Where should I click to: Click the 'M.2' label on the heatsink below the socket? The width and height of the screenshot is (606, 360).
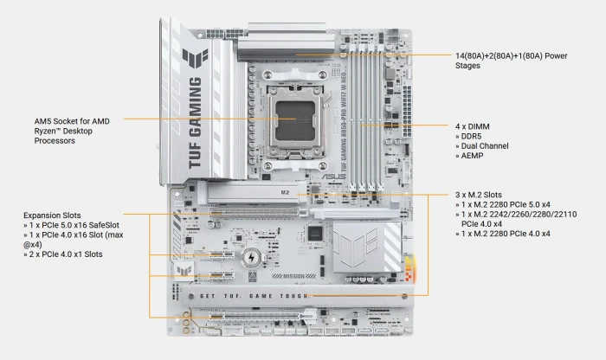pyautogui.click(x=285, y=189)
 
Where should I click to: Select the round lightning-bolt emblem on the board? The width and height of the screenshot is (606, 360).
pyautogui.click(x=252, y=257)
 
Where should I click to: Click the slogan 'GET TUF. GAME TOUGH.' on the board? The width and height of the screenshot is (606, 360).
pyautogui.click(x=251, y=295)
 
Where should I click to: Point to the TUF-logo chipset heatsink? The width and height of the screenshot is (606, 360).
pyautogui.click(x=358, y=243)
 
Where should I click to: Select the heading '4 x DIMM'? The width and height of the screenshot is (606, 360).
pyautogui.click(x=474, y=125)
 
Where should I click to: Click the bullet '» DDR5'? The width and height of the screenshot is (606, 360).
pyautogui.click(x=471, y=136)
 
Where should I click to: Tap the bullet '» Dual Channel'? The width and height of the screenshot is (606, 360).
pyautogui.click(x=486, y=146)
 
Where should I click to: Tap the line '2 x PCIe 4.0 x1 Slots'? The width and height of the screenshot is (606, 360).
pyautogui.click(x=68, y=254)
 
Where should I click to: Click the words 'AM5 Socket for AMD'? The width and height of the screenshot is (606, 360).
pyautogui.click(x=72, y=120)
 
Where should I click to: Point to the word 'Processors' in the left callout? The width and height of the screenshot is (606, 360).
pyautogui.click(x=55, y=140)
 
